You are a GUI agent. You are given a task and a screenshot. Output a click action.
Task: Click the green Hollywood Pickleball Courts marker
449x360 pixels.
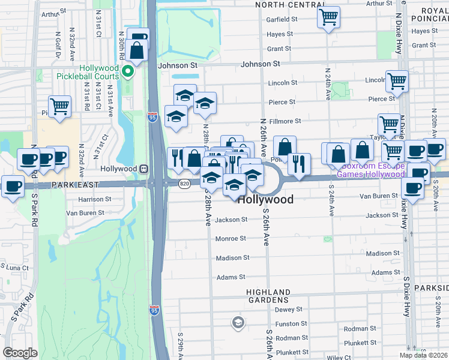[127, 72]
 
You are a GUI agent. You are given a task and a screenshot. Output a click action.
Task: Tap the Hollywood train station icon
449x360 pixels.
[144, 169]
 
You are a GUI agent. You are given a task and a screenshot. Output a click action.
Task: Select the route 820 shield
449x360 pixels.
[184, 184]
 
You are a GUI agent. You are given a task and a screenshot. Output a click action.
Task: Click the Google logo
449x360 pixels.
[20, 352]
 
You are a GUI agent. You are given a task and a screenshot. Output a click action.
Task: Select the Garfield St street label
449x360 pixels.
[282, 19]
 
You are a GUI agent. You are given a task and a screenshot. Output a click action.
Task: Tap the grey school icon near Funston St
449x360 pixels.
[238, 323]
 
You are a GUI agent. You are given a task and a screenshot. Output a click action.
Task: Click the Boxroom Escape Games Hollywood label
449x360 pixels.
[370, 170]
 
